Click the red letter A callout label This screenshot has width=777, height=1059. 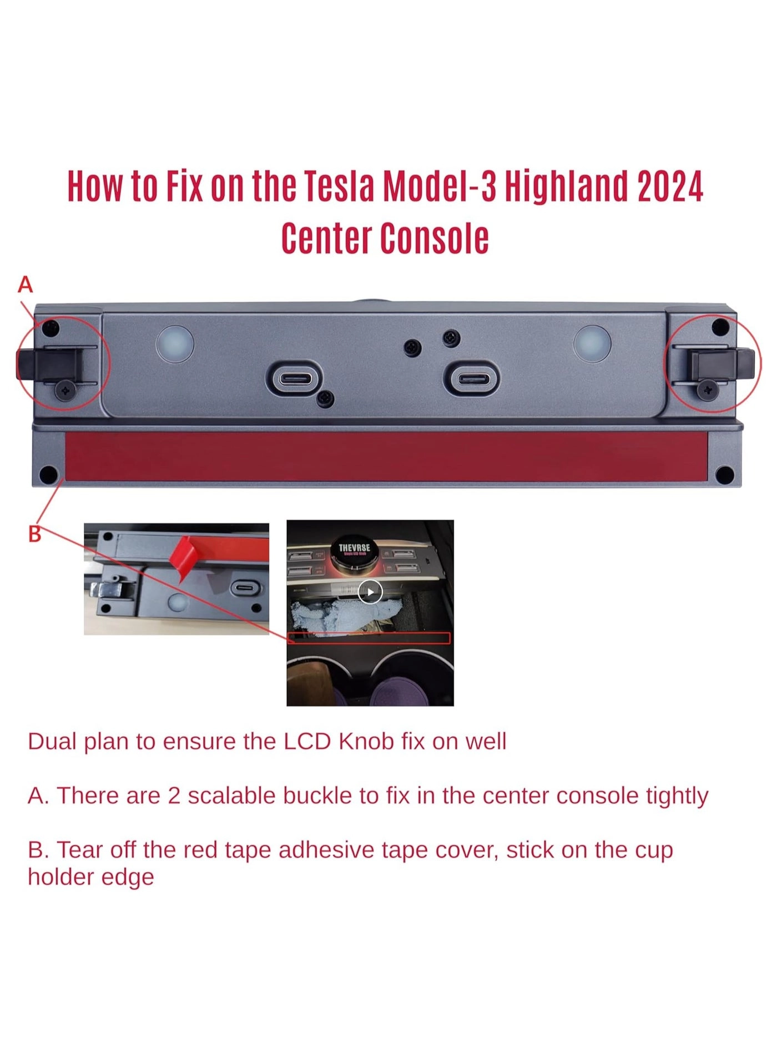26,285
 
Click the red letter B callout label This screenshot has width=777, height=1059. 34,534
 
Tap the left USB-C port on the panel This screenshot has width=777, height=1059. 294,379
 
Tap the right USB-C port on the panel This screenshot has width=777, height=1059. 471,379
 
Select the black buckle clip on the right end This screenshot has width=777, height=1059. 722,363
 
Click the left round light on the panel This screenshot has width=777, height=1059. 175,344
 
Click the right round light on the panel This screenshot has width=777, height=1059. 592,344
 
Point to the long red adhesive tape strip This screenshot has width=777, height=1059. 386,457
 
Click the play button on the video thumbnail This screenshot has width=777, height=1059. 370,591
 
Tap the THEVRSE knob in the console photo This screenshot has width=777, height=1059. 355,551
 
